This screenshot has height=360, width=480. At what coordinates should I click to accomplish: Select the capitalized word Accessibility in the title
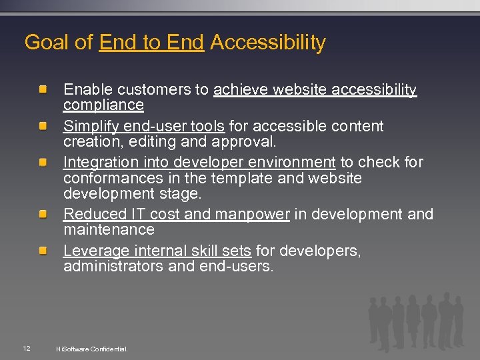[x=267, y=43]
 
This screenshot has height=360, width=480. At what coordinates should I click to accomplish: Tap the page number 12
[x=26, y=348]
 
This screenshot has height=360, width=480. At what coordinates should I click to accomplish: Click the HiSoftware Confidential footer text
[x=92, y=349]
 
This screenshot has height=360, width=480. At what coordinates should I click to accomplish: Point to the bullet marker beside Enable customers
[x=43, y=89]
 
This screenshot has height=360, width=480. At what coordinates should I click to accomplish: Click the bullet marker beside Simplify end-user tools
[x=43, y=126]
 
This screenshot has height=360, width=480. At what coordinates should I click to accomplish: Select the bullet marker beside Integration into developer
[x=43, y=162]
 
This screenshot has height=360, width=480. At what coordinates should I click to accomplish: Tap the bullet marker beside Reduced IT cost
[x=43, y=214]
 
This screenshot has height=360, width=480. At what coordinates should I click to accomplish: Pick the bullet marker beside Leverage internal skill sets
[x=43, y=251]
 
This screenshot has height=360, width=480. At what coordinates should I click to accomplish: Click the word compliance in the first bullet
[x=103, y=105]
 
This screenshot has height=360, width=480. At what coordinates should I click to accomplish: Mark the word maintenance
[x=109, y=230]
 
